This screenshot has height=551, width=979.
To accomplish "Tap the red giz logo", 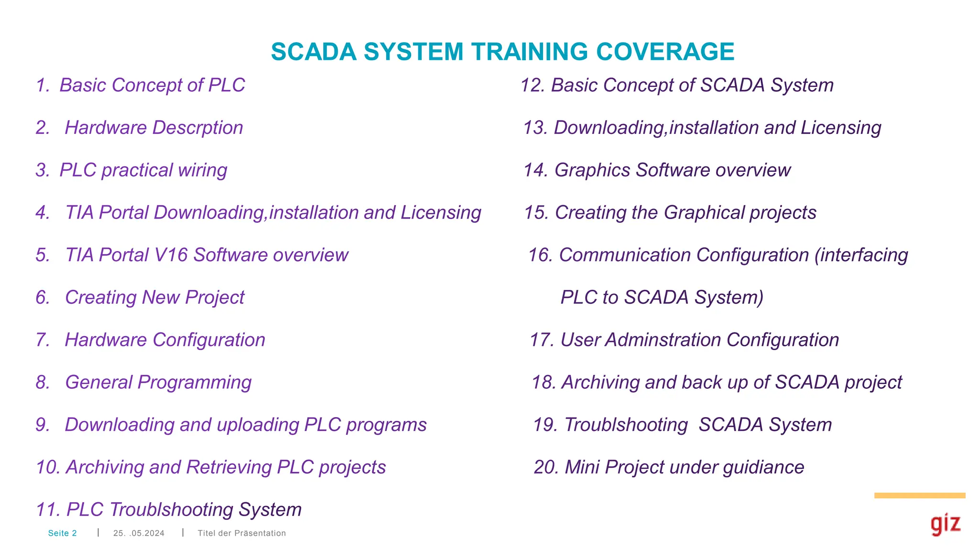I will (945, 525).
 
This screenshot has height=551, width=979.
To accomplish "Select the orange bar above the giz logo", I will (919, 496).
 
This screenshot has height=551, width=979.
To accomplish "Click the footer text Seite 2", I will (62, 533).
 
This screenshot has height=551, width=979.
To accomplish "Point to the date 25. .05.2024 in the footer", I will (139, 533).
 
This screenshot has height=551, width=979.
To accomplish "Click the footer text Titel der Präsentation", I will (241, 533).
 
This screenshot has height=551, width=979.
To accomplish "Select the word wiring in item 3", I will (202, 170).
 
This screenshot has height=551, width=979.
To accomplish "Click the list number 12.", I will (532, 86).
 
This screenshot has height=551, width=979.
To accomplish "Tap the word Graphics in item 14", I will (592, 170).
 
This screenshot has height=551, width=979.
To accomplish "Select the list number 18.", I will (544, 383).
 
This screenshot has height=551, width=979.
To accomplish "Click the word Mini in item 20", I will (582, 467).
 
